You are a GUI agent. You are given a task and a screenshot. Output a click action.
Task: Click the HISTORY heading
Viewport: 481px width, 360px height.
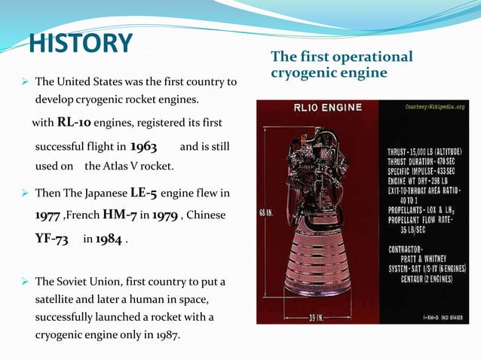81,43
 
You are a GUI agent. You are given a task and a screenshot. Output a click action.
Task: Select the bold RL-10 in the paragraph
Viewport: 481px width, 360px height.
75,123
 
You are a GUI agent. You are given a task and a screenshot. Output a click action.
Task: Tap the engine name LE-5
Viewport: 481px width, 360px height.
140,194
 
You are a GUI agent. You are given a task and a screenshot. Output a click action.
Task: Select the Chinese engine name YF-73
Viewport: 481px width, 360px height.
52,239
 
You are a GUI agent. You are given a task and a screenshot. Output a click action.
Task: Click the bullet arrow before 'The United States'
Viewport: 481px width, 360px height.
25,81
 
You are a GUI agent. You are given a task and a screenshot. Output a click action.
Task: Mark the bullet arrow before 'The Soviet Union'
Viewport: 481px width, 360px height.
25,282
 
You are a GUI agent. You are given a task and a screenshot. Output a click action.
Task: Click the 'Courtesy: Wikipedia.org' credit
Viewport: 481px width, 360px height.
434,107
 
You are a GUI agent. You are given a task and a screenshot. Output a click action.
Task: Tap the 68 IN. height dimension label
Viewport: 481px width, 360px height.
266,213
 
